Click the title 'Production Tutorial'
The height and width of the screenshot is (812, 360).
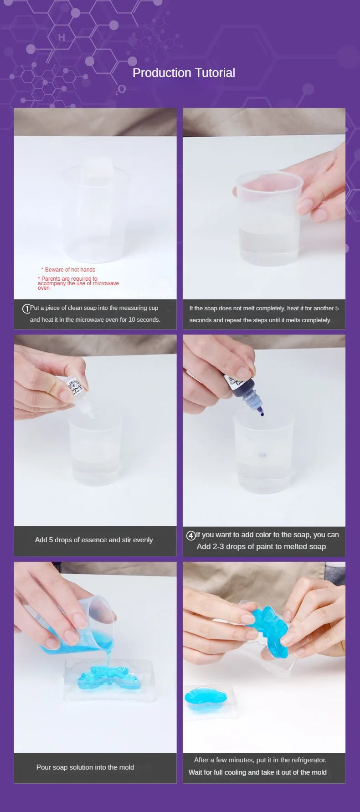[x=184, y=73]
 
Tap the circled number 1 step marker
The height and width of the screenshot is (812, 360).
[x=26, y=308]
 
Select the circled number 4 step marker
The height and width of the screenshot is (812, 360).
[x=191, y=535]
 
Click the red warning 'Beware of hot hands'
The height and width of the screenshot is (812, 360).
[x=68, y=270]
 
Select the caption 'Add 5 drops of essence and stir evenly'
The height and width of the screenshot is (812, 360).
[x=94, y=540]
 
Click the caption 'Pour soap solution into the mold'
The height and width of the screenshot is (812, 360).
[x=85, y=767]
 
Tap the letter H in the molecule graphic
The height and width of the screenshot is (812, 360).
[x=62, y=38]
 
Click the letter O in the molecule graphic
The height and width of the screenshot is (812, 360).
[x=122, y=89]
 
